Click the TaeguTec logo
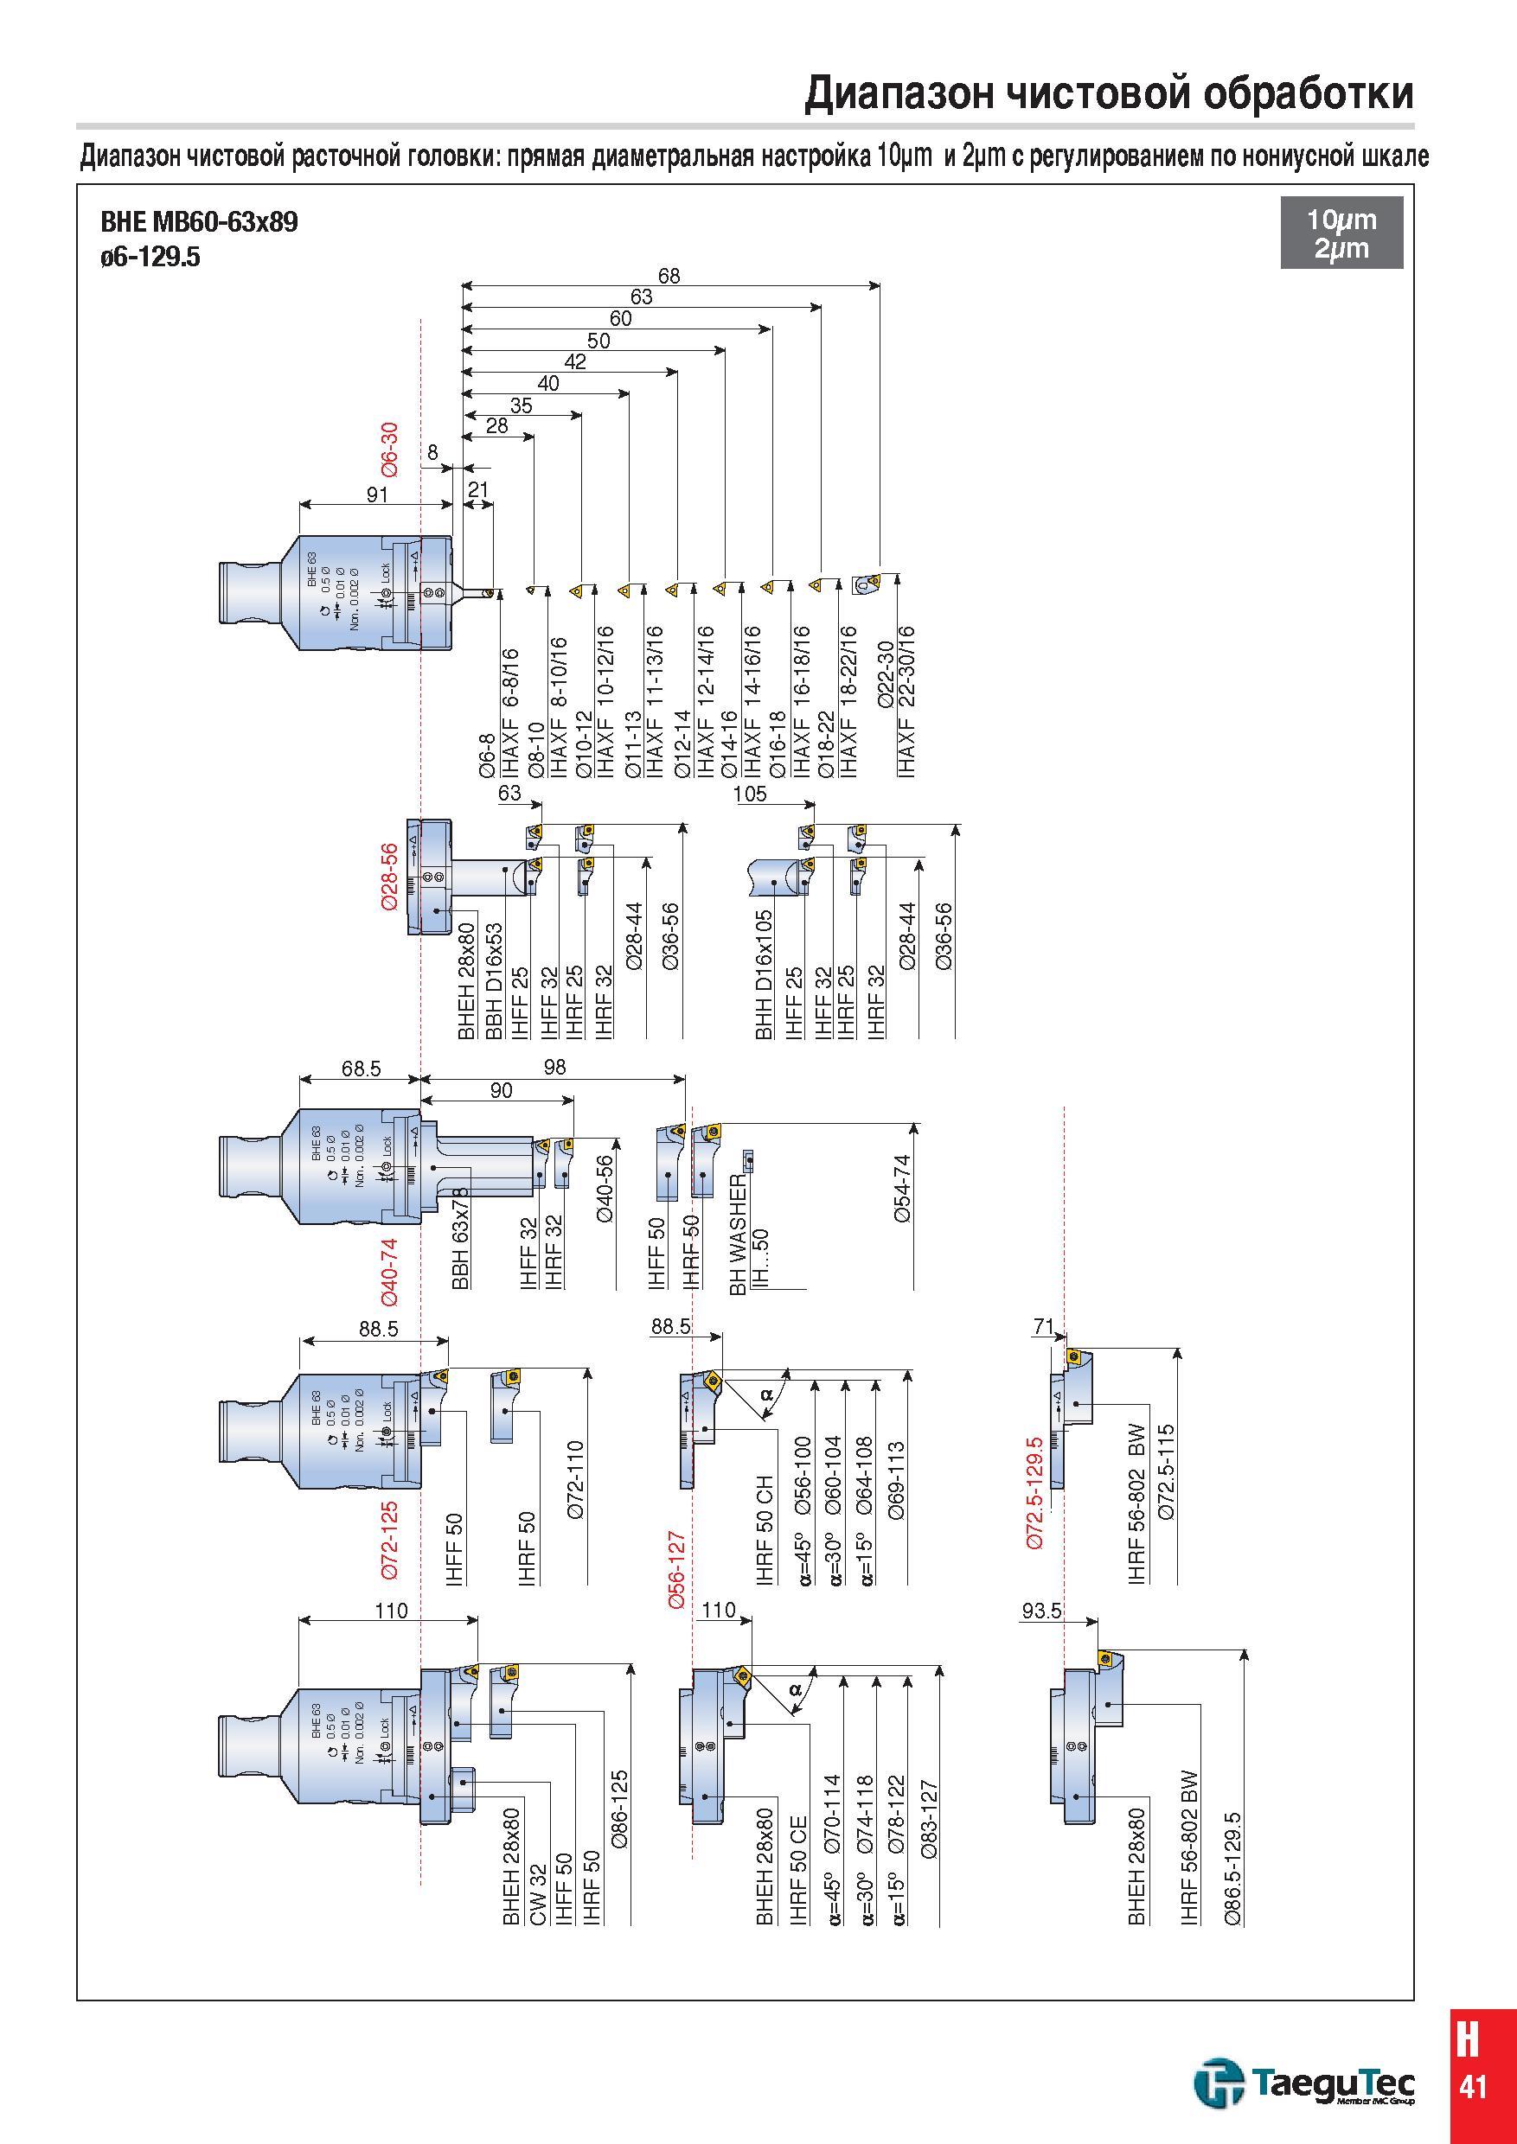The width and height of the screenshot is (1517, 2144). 1304,2084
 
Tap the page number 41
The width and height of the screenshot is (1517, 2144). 1473,2086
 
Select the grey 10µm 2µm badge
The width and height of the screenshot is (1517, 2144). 1341,233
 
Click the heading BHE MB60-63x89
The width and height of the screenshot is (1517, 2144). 199,223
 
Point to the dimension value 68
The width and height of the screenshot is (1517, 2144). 669,276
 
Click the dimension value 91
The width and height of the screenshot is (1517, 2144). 377,494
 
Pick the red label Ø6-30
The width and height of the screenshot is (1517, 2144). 389,450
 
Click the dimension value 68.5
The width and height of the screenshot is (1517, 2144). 362,1069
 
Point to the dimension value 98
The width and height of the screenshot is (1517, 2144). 555,1067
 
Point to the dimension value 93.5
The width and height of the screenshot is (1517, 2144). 1042,1611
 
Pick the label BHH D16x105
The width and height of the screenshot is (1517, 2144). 764,975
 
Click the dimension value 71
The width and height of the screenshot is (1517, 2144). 1044,1326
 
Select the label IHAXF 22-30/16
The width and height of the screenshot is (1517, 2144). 906,701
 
